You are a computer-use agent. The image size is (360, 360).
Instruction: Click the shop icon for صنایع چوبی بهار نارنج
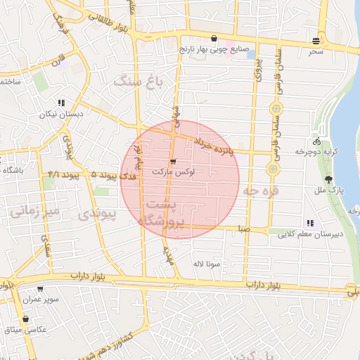214,39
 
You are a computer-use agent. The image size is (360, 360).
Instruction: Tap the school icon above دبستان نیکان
62,103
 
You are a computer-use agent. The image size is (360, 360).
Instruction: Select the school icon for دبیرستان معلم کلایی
310,223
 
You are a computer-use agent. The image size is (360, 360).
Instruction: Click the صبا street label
244,229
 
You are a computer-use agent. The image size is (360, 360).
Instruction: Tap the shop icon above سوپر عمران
39,289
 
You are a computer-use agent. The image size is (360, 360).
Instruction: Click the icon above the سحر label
318,40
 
